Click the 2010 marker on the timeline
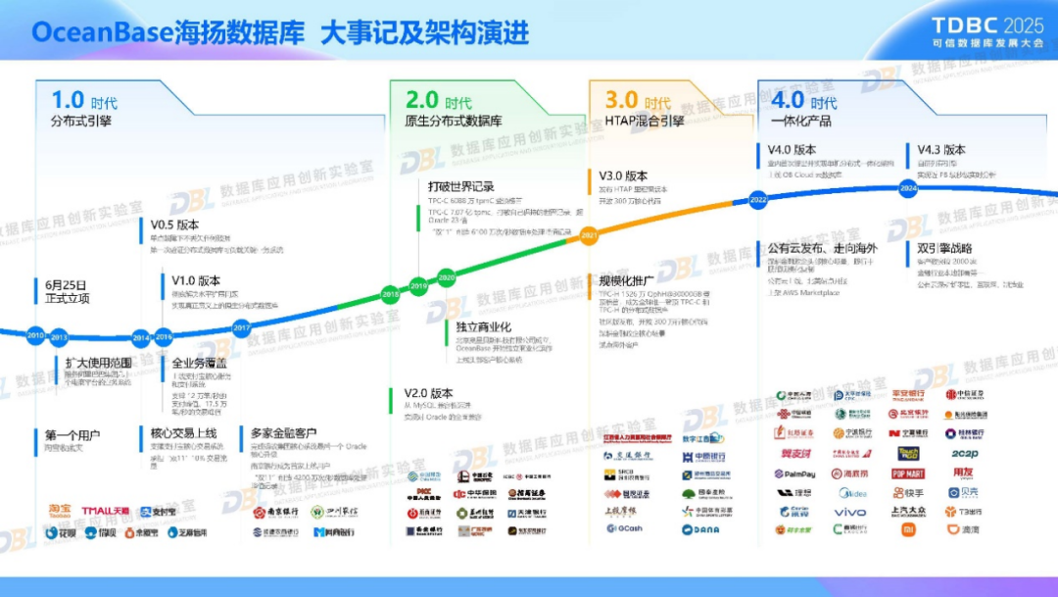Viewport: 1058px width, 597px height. click(x=36, y=335)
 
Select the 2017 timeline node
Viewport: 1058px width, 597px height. click(x=241, y=327)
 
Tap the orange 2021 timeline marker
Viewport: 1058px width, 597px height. click(x=589, y=235)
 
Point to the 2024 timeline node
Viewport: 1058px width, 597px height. click(x=908, y=186)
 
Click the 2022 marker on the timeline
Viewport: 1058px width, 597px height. click(x=758, y=198)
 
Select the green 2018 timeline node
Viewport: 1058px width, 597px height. click(x=390, y=294)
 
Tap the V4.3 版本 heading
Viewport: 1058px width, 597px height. click(x=940, y=150)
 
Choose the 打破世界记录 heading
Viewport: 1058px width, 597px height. click(x=460, y=186)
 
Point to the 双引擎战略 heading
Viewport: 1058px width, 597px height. click(x=946, y=248)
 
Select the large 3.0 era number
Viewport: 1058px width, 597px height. click(x=621, y=100)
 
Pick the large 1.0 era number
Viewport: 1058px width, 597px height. click(x=68, y=100)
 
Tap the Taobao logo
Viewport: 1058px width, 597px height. click(x=61, y=510)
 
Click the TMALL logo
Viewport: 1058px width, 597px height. click(x=105, y=510)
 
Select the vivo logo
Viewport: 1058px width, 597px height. click(x=849, y=512)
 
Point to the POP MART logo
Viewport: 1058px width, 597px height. click(x=908, y=473)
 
